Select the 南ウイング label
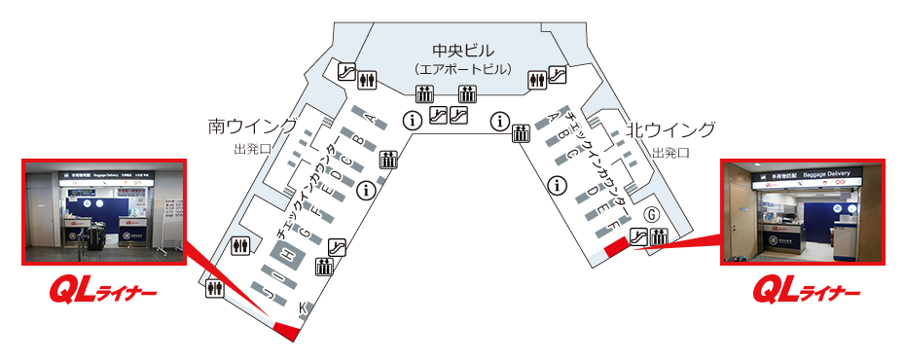pyautogui.click(x=252, y=126)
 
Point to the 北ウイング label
pyautogui.click(x=670, y=129)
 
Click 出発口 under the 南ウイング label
pyautogui.click(x=252, y=150)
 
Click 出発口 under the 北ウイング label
pyautogui.click(x=670, y=153)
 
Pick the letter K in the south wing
pyautogui.click(x=302, y=309)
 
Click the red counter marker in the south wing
pyautogui.click(x=285, y=331)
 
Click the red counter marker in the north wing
pyautogui.click(x=618, y=248)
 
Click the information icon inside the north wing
pyautogui.click(x=558, y=184)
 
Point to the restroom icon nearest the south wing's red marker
pyautogui.click(x=215, y=289)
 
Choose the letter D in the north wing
pyautogui.click(x=591, y=193)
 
